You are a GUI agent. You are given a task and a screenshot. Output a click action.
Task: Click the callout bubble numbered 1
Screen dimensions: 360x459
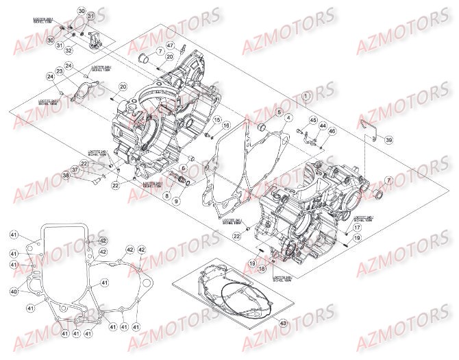[306, 96]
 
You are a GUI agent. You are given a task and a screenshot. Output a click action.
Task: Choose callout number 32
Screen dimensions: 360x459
[69, 50]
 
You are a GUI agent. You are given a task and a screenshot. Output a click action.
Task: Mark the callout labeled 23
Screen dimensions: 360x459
[60, 71]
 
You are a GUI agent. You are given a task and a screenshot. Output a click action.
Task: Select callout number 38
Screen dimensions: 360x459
[85, 176]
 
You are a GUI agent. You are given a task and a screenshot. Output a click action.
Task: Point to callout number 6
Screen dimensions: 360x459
[184, 168]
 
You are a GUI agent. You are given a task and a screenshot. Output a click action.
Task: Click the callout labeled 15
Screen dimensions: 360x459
[216, 121]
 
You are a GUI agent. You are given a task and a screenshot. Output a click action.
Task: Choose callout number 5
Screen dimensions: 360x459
[279, 111]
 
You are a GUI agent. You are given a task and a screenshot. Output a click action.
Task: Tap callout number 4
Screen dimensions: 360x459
[290, 118]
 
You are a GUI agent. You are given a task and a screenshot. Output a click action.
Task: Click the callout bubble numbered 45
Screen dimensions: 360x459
[314, 121]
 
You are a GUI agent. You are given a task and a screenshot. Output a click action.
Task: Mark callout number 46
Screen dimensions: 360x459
[332, 131]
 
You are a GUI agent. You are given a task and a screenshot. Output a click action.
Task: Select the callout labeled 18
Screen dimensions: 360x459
[261, 269]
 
